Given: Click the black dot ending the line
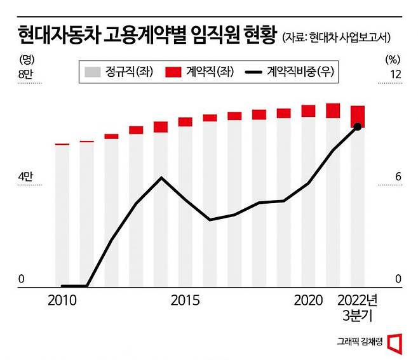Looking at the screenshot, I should click(358, 127).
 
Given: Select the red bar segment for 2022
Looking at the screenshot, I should click(358, 116).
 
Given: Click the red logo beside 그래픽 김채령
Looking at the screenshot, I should click(394, 342).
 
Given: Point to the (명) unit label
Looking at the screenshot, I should click(26, 60).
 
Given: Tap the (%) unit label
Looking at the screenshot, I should click(394, 60).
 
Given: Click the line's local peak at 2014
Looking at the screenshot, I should click(161, 177).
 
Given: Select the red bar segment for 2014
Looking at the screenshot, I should click(161, 126).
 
